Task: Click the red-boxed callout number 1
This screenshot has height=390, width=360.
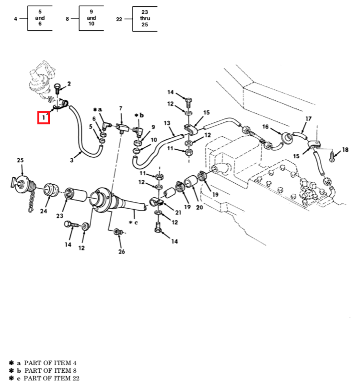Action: (x=44, y=118)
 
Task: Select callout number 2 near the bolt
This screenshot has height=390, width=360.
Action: (x=69, y=84)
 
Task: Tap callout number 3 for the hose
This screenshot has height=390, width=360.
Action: (x=72, y=160)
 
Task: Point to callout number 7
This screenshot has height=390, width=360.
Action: (x=121, y=109)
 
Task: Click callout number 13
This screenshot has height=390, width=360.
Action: (x=167, y=123)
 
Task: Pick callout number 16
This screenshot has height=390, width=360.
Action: (x=265, y=127)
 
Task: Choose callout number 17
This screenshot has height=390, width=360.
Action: (x=309, y=118)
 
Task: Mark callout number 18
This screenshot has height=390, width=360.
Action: (x=345, y=150)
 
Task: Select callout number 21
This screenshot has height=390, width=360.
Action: (x=178, y=213)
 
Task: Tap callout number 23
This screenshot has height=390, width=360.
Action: (x=59, y=216)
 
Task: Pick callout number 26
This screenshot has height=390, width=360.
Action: (x=121, y=251)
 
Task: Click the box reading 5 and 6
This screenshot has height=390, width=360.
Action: (x=40, y=19)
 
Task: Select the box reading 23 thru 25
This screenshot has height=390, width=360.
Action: (x=144, y=19)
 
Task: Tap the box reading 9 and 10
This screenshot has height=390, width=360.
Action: (x=92, y=19)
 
